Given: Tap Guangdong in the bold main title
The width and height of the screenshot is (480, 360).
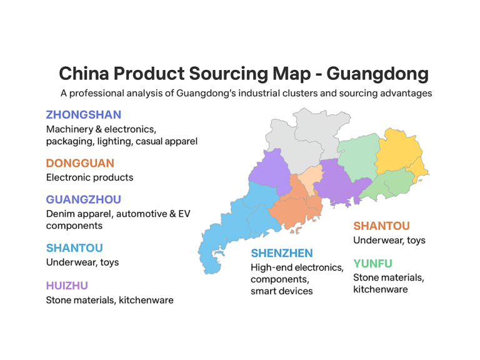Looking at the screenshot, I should (x=377, y=74).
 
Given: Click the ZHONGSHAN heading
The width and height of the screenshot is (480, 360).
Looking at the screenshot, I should (x=83, y=115).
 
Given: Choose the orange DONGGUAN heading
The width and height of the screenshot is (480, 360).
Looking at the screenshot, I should (x=80, y=163).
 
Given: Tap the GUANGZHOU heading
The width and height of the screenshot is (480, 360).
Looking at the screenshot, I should (x=83, y=199).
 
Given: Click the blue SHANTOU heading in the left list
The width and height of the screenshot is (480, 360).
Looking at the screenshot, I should (x=74, y=248).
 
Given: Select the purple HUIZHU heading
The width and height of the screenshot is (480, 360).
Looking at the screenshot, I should (x=67, y=286).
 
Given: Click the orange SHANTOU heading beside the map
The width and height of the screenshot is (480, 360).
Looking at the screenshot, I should (x=381, y=226).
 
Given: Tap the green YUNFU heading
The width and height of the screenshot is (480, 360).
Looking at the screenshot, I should (x=372, y=263).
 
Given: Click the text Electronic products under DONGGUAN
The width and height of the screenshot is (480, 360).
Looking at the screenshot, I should (x=89, y=177).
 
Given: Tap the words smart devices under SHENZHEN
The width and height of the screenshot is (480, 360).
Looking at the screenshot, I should (x=281, y=291).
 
